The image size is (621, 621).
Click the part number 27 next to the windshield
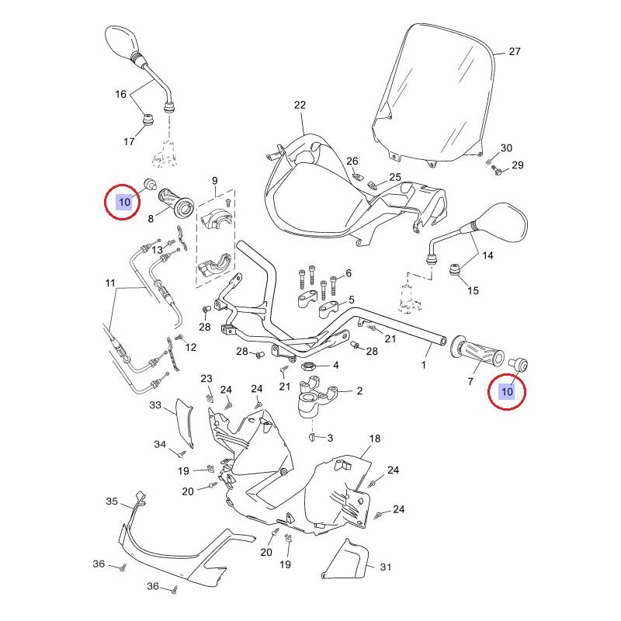tap(514, 52)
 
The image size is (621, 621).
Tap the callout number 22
tap(300, 105)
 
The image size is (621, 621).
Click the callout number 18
tap(375, 439)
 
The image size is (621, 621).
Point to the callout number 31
tap(386, 567)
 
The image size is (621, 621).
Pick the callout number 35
tap(111, 501)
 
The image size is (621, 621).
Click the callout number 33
tap(155, 405)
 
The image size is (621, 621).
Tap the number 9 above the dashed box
tap(214, 181)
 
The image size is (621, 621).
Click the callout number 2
tap(359, 392)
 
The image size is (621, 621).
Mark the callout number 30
tap(506, 148)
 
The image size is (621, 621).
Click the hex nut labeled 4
tap(306, 366)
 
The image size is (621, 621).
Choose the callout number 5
tap(351, 300)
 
